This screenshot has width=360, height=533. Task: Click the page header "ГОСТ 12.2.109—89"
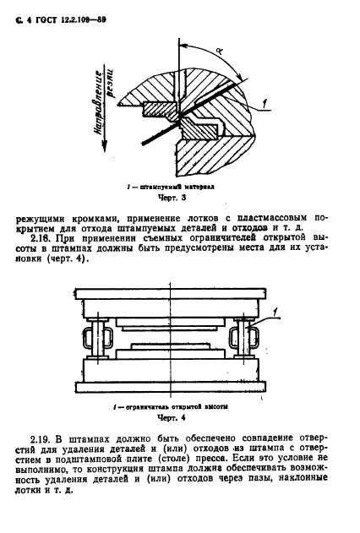click(71, 20)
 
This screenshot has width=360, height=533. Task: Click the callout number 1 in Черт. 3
click(265, 102)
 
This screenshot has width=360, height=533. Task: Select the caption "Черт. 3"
click(172, 197)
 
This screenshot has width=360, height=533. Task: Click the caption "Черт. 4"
click(172, 417)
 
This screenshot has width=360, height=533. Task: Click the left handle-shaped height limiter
click(97, 338)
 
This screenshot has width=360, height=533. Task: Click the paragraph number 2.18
click(46, 237)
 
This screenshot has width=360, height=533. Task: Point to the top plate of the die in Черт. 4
click(171, 294)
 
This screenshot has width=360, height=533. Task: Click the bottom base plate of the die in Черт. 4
click(171, 387)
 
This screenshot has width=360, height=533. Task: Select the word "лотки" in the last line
click(27, 490)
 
